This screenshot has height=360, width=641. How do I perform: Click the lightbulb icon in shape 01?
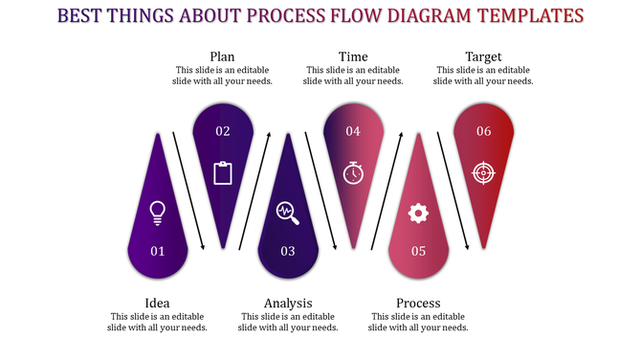pyautogui.click(x=158, y=211)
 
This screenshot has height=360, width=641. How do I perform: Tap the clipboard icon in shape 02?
pyautogui.click(x=223, y=172)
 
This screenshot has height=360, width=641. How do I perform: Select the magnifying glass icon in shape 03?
pyautogui.click(x=287, y=212)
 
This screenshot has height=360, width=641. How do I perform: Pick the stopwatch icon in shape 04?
pyautogui.click(x=353, y=172)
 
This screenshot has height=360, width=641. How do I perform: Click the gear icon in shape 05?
pyautogui.click(x=418, y=213)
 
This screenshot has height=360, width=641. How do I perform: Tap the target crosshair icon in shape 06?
pyautogui.click(x=483, y=172)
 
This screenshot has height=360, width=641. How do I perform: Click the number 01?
pyautogui.click(x=158, y=251)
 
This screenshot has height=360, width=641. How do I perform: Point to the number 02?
pyautogui.click(x=223, y=131)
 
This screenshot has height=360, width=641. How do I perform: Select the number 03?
pyautogui.click(x=288, y=251)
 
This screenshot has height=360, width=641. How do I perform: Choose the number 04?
pyautogui.click(x=353, y=131)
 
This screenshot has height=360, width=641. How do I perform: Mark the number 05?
pyautogui.click(x=418, y=251)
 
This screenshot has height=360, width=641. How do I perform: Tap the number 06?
pyautogui.click(x=483, y=131)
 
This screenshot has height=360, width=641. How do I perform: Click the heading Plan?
pyautogui.click(x=223, y=56)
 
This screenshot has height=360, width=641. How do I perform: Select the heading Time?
pyautogui.click(x=353, y=56)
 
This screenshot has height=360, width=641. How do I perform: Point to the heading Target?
pyautogui.click(x=483, y=56)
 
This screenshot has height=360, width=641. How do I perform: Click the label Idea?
pyautogui.click(x=158, y=303)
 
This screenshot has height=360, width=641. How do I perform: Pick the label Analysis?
pyautogui.click(x=288, y=303)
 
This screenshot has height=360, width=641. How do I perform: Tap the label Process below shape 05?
pyautogui.click(x=418, y=303)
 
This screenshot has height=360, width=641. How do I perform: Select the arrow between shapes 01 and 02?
pyautogui.click(x=188, y=190)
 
